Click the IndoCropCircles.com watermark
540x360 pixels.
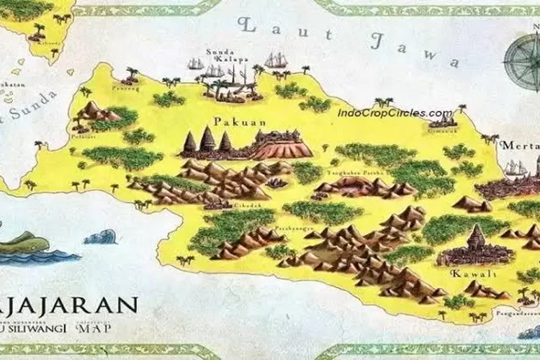click(395, 113)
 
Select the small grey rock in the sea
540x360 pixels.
click(99, 237)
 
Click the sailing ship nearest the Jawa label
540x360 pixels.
click(276, 60)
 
